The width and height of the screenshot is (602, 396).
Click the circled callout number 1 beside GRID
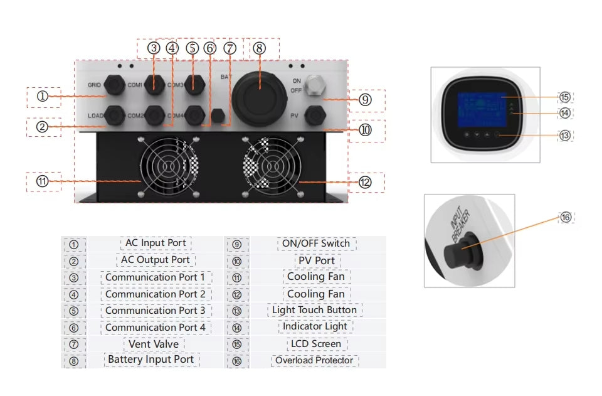pos(42,97)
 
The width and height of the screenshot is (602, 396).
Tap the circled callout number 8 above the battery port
pos(260,48)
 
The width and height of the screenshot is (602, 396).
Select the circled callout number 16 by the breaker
pos(566,217)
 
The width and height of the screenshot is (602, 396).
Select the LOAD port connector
pos(114,115)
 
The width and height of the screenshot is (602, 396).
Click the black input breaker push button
pos(458,255)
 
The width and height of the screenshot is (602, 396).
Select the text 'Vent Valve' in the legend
pos(154,344)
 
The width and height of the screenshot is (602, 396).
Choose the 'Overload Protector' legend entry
pos(315,360)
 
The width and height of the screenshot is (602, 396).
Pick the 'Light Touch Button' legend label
pos(315,310)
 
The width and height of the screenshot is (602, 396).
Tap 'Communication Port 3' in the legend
pos(156,311)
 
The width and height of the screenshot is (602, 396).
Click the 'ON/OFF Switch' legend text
pos(315,243)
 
